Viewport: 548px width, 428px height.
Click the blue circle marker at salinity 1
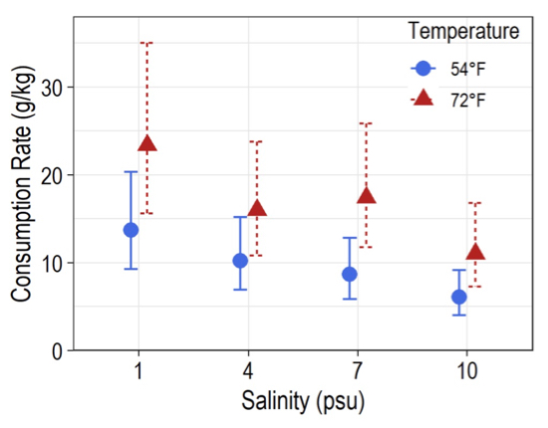pyautogui.click(x=131, y=230)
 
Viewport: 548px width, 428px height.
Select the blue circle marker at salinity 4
pyautogui.click(x=240, y=261)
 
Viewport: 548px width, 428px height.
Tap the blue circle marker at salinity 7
pyautogui.click(x=350, y=274)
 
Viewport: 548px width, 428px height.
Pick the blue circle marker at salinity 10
pyautogui.click(x=459, y=297)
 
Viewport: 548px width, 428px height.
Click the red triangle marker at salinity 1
pyautogui.click(x=147, y=144)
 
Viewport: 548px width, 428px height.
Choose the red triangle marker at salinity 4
pyautogui.click(x=257, y=209)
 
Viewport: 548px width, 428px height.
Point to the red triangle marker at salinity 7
pyautogui.click(x=366, y=196)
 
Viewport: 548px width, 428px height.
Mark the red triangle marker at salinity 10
pyautogui.click(x=475, y=253)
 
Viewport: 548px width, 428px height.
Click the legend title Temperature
pyautogui.click(x=463, y=32)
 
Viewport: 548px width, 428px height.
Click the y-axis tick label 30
pyautogui.click(x=52, y=88)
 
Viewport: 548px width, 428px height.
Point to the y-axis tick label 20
pyautogui.click(x=52, y=175)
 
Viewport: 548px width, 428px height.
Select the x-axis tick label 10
pyautogui.click(x=467, y=372)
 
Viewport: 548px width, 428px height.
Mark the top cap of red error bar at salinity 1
pyautogui.click(x=146, y=43)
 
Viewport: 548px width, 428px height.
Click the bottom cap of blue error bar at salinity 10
pyautogui.click(x=459, y=315)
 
